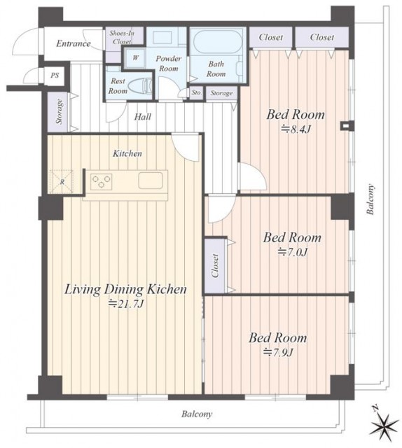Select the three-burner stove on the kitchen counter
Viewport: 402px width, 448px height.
click(102, 182)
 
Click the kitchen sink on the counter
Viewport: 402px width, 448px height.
click(151, 181)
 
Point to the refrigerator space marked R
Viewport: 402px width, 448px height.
click(62, 182)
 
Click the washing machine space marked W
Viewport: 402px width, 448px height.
click(136, 58)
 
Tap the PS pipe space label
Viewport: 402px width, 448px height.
click(55, 76)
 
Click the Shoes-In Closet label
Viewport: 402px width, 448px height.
click(122, 37)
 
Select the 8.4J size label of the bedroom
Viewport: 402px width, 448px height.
click(296, 130)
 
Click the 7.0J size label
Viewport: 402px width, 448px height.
click(293, 252)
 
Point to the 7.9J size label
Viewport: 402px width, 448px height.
click(278, 353)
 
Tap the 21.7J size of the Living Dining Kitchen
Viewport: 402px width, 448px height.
click(125, 304)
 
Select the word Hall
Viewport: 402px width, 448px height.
click(143, 117)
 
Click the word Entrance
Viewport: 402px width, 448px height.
click(74, 43)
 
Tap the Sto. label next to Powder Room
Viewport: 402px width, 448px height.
click(196, 92)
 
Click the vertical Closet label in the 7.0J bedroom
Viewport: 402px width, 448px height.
click(215, 266)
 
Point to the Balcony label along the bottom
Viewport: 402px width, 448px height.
click(197, 414)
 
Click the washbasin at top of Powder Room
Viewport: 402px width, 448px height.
click(162, 37)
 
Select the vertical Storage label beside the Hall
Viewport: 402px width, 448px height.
click(60, 111)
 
